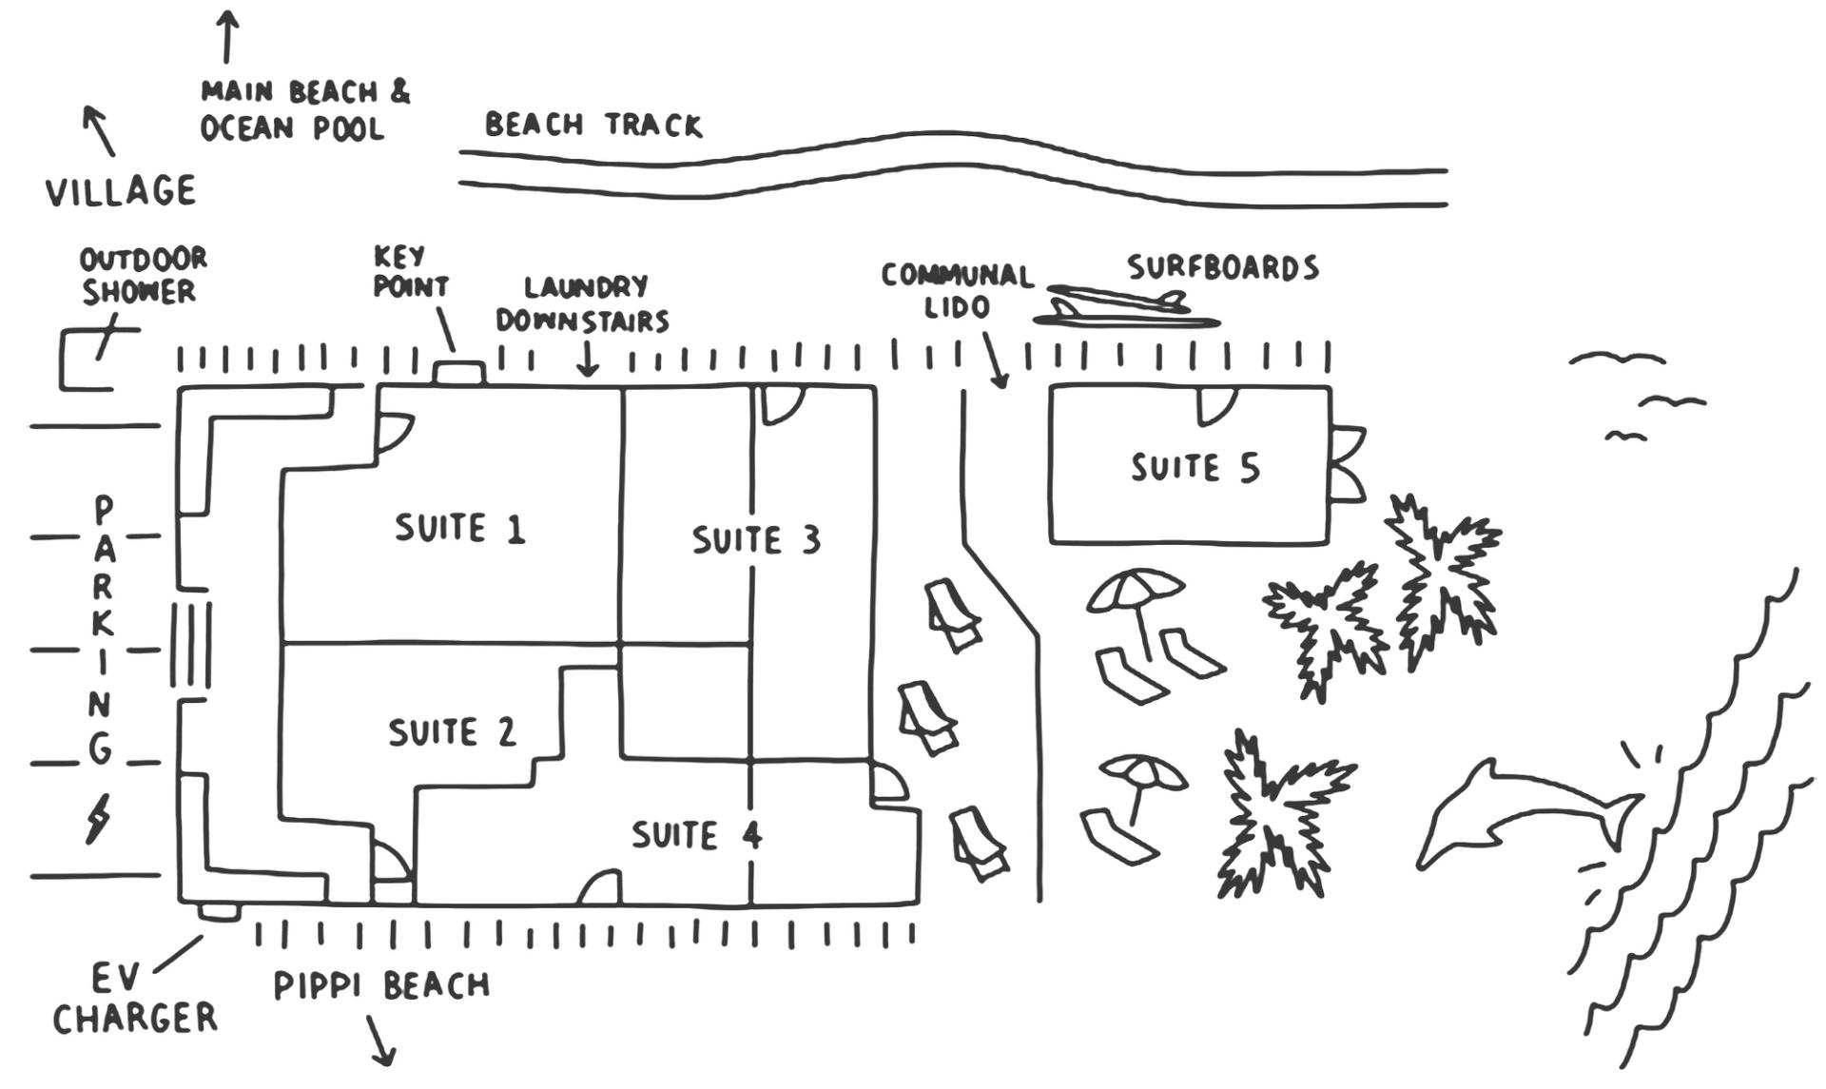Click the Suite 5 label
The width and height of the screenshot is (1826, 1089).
[1195, 468]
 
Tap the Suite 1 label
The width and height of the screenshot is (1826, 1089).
[460, 529]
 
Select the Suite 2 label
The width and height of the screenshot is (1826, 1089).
[452, 732]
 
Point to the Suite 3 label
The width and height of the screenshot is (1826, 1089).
[756, 540]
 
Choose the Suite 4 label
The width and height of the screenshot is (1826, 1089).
[697, 835]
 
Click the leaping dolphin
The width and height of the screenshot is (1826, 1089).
[1529, 813]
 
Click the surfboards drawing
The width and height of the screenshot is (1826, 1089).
[1125, 307]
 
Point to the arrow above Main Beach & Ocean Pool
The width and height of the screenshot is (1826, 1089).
[226, 37]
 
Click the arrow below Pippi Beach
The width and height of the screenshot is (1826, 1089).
[379, 1040]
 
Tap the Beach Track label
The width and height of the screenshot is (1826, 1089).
[593, 125]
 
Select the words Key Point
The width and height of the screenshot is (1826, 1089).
[411, 272]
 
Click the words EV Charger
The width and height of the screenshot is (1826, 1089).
[135, 999]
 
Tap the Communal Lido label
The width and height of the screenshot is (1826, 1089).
[957, 291]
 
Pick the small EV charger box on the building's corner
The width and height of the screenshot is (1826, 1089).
[219, 912]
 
